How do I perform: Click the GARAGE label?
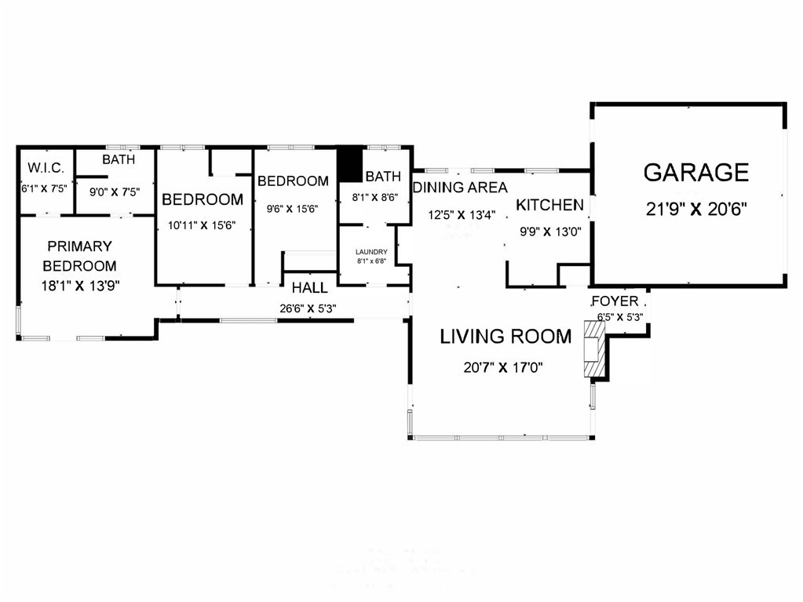(x=696, y=173)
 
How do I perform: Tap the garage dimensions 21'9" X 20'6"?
(x=696, y=209)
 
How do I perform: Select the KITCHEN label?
(x=549, y=205)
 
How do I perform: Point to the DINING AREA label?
(x=460, y=188)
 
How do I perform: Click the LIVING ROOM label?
(x=506, y=337)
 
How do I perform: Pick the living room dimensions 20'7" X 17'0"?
(x=503, y=367)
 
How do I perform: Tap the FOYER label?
(x=615, y=301)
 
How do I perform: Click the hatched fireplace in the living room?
(x=594, y=349)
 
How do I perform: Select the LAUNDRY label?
(x=371, y=252)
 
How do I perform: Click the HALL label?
(x=310, y=288)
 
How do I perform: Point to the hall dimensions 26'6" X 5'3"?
(x=308, y=308)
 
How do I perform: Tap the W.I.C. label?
(x=46, y=168)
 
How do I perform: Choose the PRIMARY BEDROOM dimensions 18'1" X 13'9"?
(x=80, y=285)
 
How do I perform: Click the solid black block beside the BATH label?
(x=350, y=164)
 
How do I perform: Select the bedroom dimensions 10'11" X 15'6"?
(x=202, y=224)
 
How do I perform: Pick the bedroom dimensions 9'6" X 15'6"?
(x=293, y=209)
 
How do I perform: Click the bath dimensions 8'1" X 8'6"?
(x=375, y=197)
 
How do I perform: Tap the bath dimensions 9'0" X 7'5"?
(x=115, y=192)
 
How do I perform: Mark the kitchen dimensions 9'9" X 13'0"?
(x=550, y=232)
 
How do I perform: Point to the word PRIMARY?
(x=79, y=246)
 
